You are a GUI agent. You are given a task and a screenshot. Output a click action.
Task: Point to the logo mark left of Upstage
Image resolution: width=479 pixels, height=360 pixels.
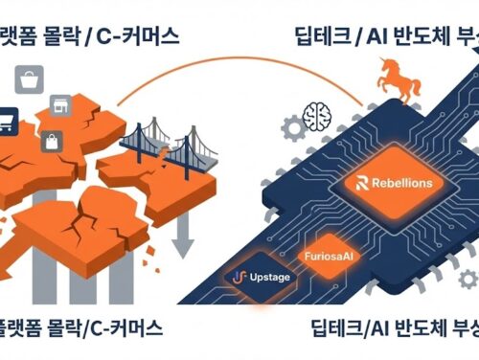point(237,279)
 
